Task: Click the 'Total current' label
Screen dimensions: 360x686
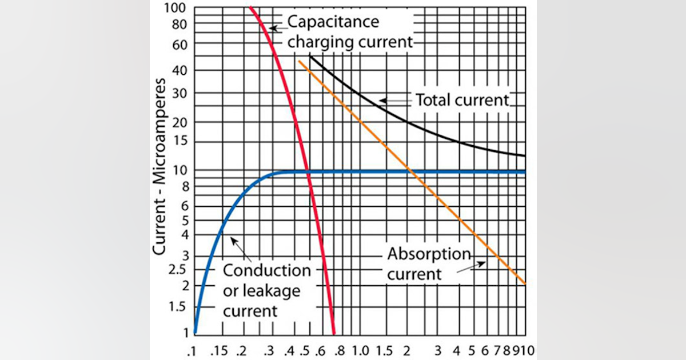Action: pyautogui.click(x=462, y=100)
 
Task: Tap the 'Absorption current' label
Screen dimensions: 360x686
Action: pyautogui.click(x=429, y=263)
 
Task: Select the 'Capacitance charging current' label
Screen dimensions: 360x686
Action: pyautogui.click(x=349, y=31)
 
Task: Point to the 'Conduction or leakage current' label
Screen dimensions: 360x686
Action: pyautogui.click(x=266, y=290)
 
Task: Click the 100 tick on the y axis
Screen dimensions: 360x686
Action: pyautogui.click(x=180, y=8)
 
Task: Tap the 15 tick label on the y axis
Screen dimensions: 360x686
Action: pyautogui.click(x=182, y=142)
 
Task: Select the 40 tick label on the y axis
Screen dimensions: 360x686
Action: pyautogui.click(x=181, y=70)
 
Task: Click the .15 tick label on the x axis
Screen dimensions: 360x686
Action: pyautogui.click(x=221, y=349)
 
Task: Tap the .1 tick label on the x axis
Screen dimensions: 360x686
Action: pyautogui.click(x=194, y=349)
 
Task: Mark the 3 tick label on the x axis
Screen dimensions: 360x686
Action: pyautogui.click(x=438, y=349)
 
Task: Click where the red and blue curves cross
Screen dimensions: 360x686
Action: pyautogui.click(x=308, y=171)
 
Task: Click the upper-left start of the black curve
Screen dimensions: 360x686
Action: pyautogui.click(x=310, y=56)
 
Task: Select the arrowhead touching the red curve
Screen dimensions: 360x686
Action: pyautogui.click(x=273, y=27)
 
